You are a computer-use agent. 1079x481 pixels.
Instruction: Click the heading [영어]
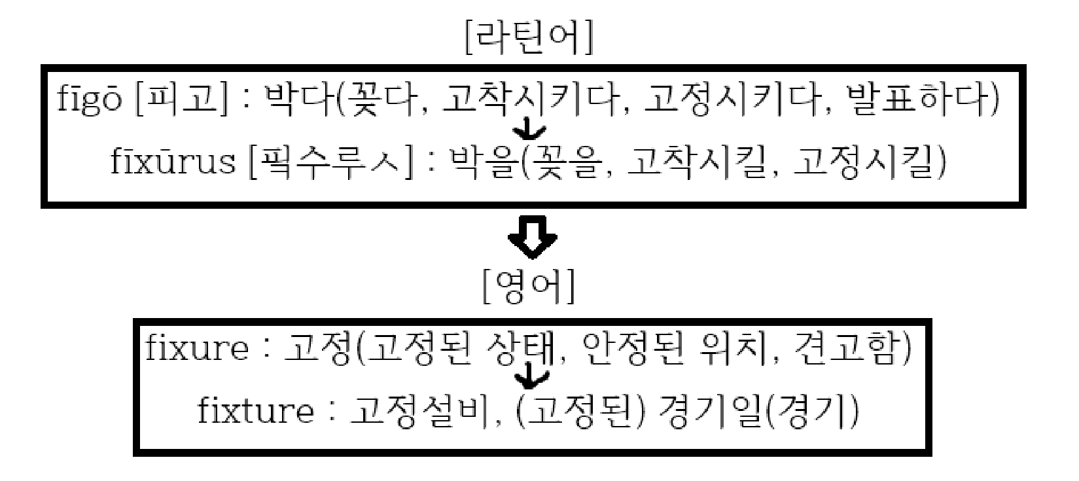click(529, 287)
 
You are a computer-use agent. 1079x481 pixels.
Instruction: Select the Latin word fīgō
click(89, 101)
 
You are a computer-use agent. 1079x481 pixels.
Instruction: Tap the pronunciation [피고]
click(181, 101)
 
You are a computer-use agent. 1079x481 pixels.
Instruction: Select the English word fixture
click(255, 411)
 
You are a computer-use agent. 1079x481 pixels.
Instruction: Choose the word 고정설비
click(419, 411)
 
